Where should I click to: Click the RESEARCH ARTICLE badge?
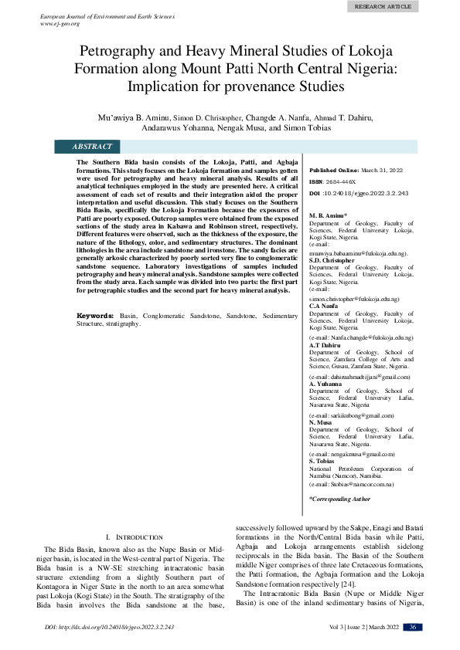(x=383, y=6)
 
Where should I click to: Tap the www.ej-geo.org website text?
(x=60, y=24)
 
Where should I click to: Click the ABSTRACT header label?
(x=92, y=146)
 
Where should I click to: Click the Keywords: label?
(x=96, y=337)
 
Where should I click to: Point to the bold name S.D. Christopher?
(x=332, y=260)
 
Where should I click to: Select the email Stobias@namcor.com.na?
(x=353, y=483)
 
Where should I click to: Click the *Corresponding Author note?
(x=339, y=499)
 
